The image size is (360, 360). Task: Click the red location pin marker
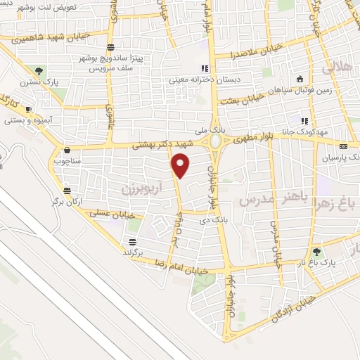click(181, 167)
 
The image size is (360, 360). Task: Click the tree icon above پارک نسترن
click(39, 71)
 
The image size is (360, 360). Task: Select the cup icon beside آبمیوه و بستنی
click(28, 110)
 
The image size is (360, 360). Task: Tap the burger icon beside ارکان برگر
click(66, 191)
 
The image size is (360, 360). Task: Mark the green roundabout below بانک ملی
click(215, 142)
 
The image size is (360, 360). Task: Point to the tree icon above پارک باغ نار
click(316, 251)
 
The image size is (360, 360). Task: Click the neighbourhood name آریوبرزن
click(136, 188)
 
